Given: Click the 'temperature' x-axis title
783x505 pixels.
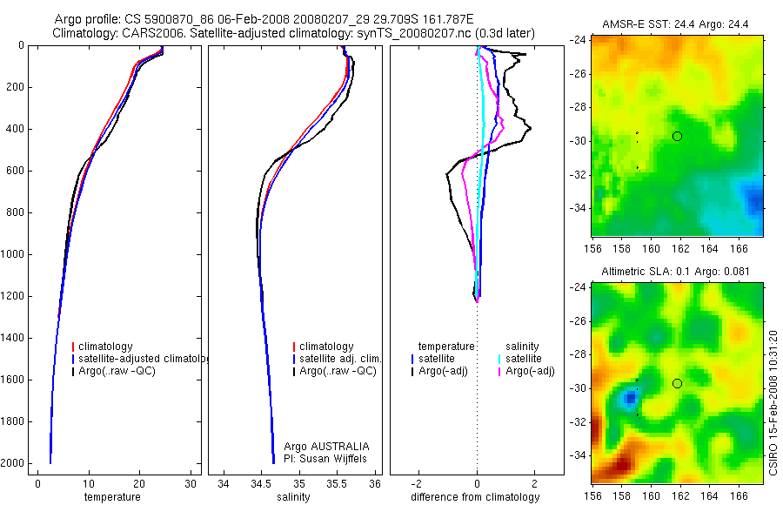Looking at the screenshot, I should click(112, 497).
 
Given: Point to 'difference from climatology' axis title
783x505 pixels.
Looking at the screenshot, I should click(475, 497).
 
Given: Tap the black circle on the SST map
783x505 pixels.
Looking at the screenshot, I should click(677, 136).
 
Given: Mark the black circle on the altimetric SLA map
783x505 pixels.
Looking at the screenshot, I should click(677, 383).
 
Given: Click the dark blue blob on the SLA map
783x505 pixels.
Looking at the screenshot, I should click(630, 398).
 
